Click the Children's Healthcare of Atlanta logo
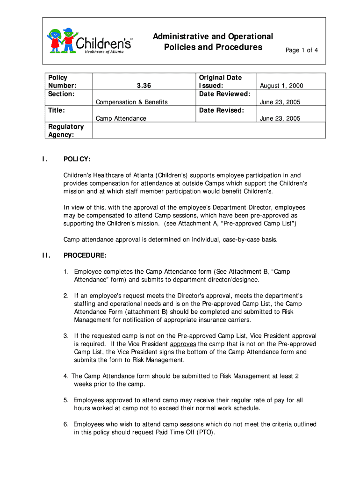pyautogui.click(x=89, y=41)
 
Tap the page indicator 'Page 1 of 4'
pyautogui.click(x=302, y=50)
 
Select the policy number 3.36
pyautogui.click(x=144, y=86)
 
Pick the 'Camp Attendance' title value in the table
pyautogui.click(x=121, y=118)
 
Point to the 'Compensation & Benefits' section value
pyautogui.click(x=131, y=102)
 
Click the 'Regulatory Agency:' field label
pyautogui.click(x=65, y=131)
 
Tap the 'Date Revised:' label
pyautogui.click(x=221, y=110)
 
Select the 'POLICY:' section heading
pyautogui.click(x=77, y=160)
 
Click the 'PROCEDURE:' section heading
pyautogui.click(x=85, y=255)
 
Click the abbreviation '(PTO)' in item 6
pyautogui.click(x=205, y=432)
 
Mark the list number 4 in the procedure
pyautogui.click(x=66, y=376)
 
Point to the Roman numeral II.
pyautogui.click(x=45, y=255)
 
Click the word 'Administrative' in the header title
pyautogui.click(x=181, y=36)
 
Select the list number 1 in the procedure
pyautogui.click(x=66, y=271)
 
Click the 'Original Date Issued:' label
pyautogui.click(x=220, y=81)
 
